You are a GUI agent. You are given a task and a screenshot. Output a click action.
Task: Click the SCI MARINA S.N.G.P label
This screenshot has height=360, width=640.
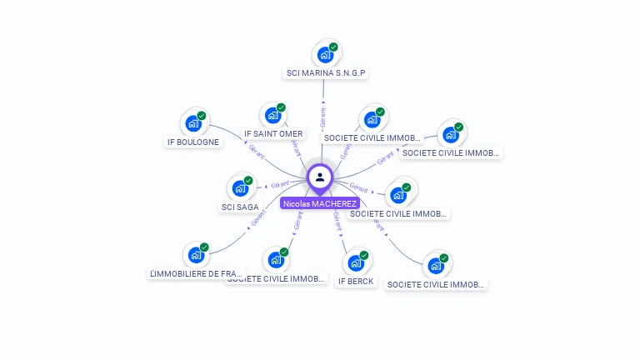pos(327,73)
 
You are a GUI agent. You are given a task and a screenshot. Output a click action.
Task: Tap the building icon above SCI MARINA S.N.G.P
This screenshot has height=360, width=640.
pos(324,55)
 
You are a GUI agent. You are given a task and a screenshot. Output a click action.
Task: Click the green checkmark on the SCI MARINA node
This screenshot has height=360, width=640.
pos(333,47)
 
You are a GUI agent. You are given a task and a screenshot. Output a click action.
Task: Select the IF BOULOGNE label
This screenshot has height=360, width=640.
pos(193,142)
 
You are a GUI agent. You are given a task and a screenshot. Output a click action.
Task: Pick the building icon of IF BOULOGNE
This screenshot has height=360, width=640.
pos(193,123)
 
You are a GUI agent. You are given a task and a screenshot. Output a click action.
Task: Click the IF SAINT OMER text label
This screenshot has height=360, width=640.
pos(273,133)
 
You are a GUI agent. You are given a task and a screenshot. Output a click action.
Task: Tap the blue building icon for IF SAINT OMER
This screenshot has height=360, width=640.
pos(272,115)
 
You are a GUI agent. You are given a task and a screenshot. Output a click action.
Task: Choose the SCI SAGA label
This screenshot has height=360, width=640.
pos(240,207)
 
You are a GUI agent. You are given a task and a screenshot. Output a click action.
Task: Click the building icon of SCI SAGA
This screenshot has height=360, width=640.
pos(240,187)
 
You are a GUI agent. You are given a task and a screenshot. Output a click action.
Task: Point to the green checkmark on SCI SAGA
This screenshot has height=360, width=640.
pos(248,180)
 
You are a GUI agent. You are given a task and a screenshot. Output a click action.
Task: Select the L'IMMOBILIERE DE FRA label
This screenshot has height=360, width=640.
pos(196,273)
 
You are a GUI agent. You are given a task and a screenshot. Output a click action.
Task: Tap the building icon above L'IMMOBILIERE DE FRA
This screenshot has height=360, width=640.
pos(195,255)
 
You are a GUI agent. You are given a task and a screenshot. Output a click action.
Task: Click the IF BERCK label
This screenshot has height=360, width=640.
pos(356,282)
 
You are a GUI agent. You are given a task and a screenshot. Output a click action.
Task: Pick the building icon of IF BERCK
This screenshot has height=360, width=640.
pos(356,262)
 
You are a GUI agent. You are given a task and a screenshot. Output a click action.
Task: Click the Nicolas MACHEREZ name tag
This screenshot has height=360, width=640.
pos(320,203)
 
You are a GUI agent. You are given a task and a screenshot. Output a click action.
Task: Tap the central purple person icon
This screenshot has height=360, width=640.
pos(320,177)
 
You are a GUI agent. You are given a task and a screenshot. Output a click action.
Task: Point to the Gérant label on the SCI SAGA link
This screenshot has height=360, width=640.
pos(280,184)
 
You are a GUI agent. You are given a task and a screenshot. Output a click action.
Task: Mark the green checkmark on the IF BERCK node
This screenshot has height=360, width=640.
pos(364,255)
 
